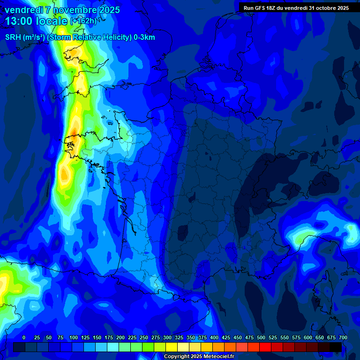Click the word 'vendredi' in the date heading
[x=23, y=10]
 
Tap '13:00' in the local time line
[x=19, y=21]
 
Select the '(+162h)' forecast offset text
[x=83, y=21]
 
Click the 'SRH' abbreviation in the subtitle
[x=13, y=37]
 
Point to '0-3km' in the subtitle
[x=144, y=37]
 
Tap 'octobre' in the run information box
[x=325, y=8]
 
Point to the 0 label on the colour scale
[x=24, y=337]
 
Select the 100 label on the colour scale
[x=74, y=337]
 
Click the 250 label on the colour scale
[x=144, y=337]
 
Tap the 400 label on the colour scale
[x=214, y=337]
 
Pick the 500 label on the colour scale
[x=261, y=337]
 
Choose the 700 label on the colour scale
[x=343, y=337]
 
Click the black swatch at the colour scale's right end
[x=336, y=347]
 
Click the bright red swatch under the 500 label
[x=265, y=347]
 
